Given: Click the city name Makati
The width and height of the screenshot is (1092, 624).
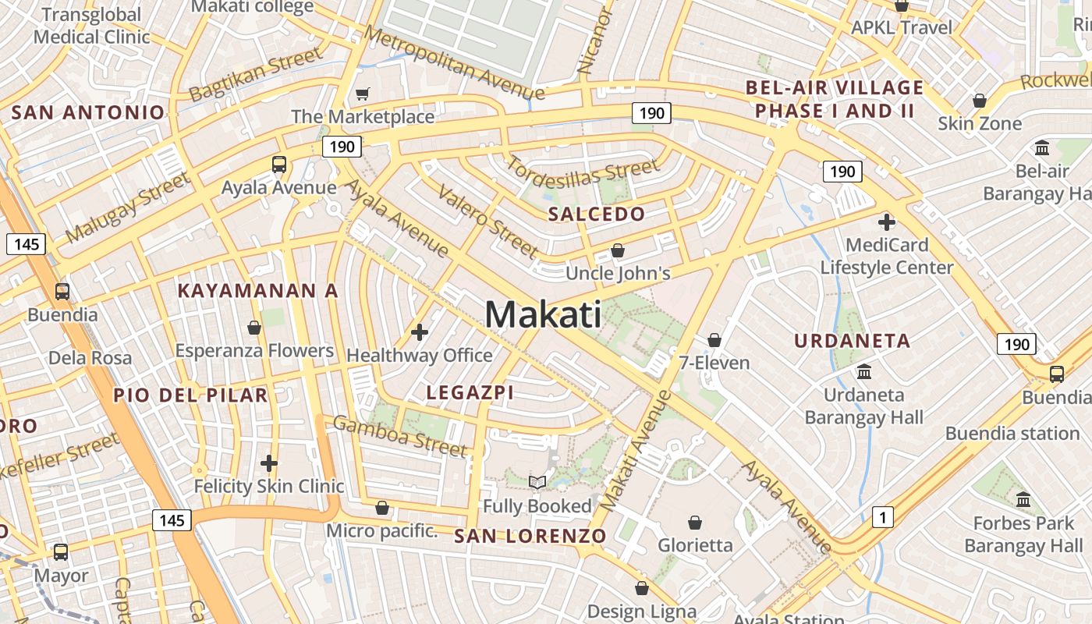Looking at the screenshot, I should [x=543, y=314].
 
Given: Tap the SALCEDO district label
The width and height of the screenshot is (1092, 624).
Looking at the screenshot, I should [x=597, y=214].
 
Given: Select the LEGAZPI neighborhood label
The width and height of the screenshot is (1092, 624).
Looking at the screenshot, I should [x=470, y=392].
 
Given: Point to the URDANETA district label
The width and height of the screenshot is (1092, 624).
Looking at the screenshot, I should [x=853, y=341].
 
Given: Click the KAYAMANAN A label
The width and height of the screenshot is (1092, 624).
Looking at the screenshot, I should [x=257, y=291].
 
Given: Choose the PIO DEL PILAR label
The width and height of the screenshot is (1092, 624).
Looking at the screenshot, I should [x=190, y=395].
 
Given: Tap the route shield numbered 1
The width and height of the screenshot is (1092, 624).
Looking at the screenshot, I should [x=882, y=516].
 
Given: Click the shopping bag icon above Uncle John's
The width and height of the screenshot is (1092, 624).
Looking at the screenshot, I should [x=618, y=250].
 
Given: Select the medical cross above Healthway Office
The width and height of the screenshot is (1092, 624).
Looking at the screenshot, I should [x=420, y=332].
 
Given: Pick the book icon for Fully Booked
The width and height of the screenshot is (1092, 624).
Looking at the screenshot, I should [x=537, y=482].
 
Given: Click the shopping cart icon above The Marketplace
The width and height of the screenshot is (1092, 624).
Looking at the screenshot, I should [x=362, y=94].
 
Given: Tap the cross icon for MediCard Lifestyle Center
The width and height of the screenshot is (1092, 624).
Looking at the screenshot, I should [x=886, y=222].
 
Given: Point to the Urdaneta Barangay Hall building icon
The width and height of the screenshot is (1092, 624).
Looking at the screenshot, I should [x=863, y=371].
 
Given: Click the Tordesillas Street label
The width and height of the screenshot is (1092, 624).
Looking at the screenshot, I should [x=583, y=167].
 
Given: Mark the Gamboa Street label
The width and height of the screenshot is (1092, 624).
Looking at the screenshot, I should [x=400, y=435].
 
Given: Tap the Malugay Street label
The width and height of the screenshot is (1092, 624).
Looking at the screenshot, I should [x=129, y=207].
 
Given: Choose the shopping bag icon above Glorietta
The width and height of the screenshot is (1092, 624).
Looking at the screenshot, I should [x=695, y=522].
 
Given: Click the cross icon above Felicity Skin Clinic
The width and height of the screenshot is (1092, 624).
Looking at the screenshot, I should [x=269, y=463].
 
